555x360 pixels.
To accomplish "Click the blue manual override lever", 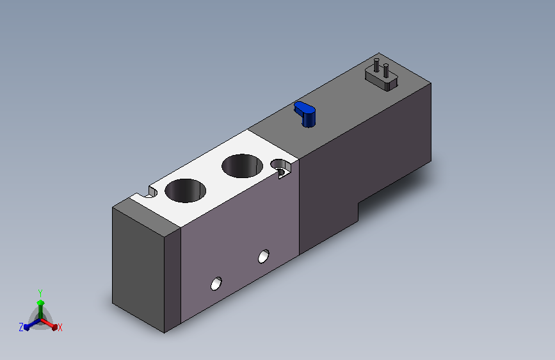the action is (x=305, y=113).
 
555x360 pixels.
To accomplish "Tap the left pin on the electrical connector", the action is (x=376, y=65).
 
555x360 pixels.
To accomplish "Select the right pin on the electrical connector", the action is (x=386, y=70).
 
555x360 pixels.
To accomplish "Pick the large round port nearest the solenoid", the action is (x=243, y=166).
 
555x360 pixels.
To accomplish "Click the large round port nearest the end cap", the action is (x=186, y=191).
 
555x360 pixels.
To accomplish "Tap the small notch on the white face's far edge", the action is (x=152, y=192).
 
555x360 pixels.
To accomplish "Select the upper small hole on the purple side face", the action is (x=264, y=256).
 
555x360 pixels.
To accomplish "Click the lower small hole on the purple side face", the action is (x=216, y=284).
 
